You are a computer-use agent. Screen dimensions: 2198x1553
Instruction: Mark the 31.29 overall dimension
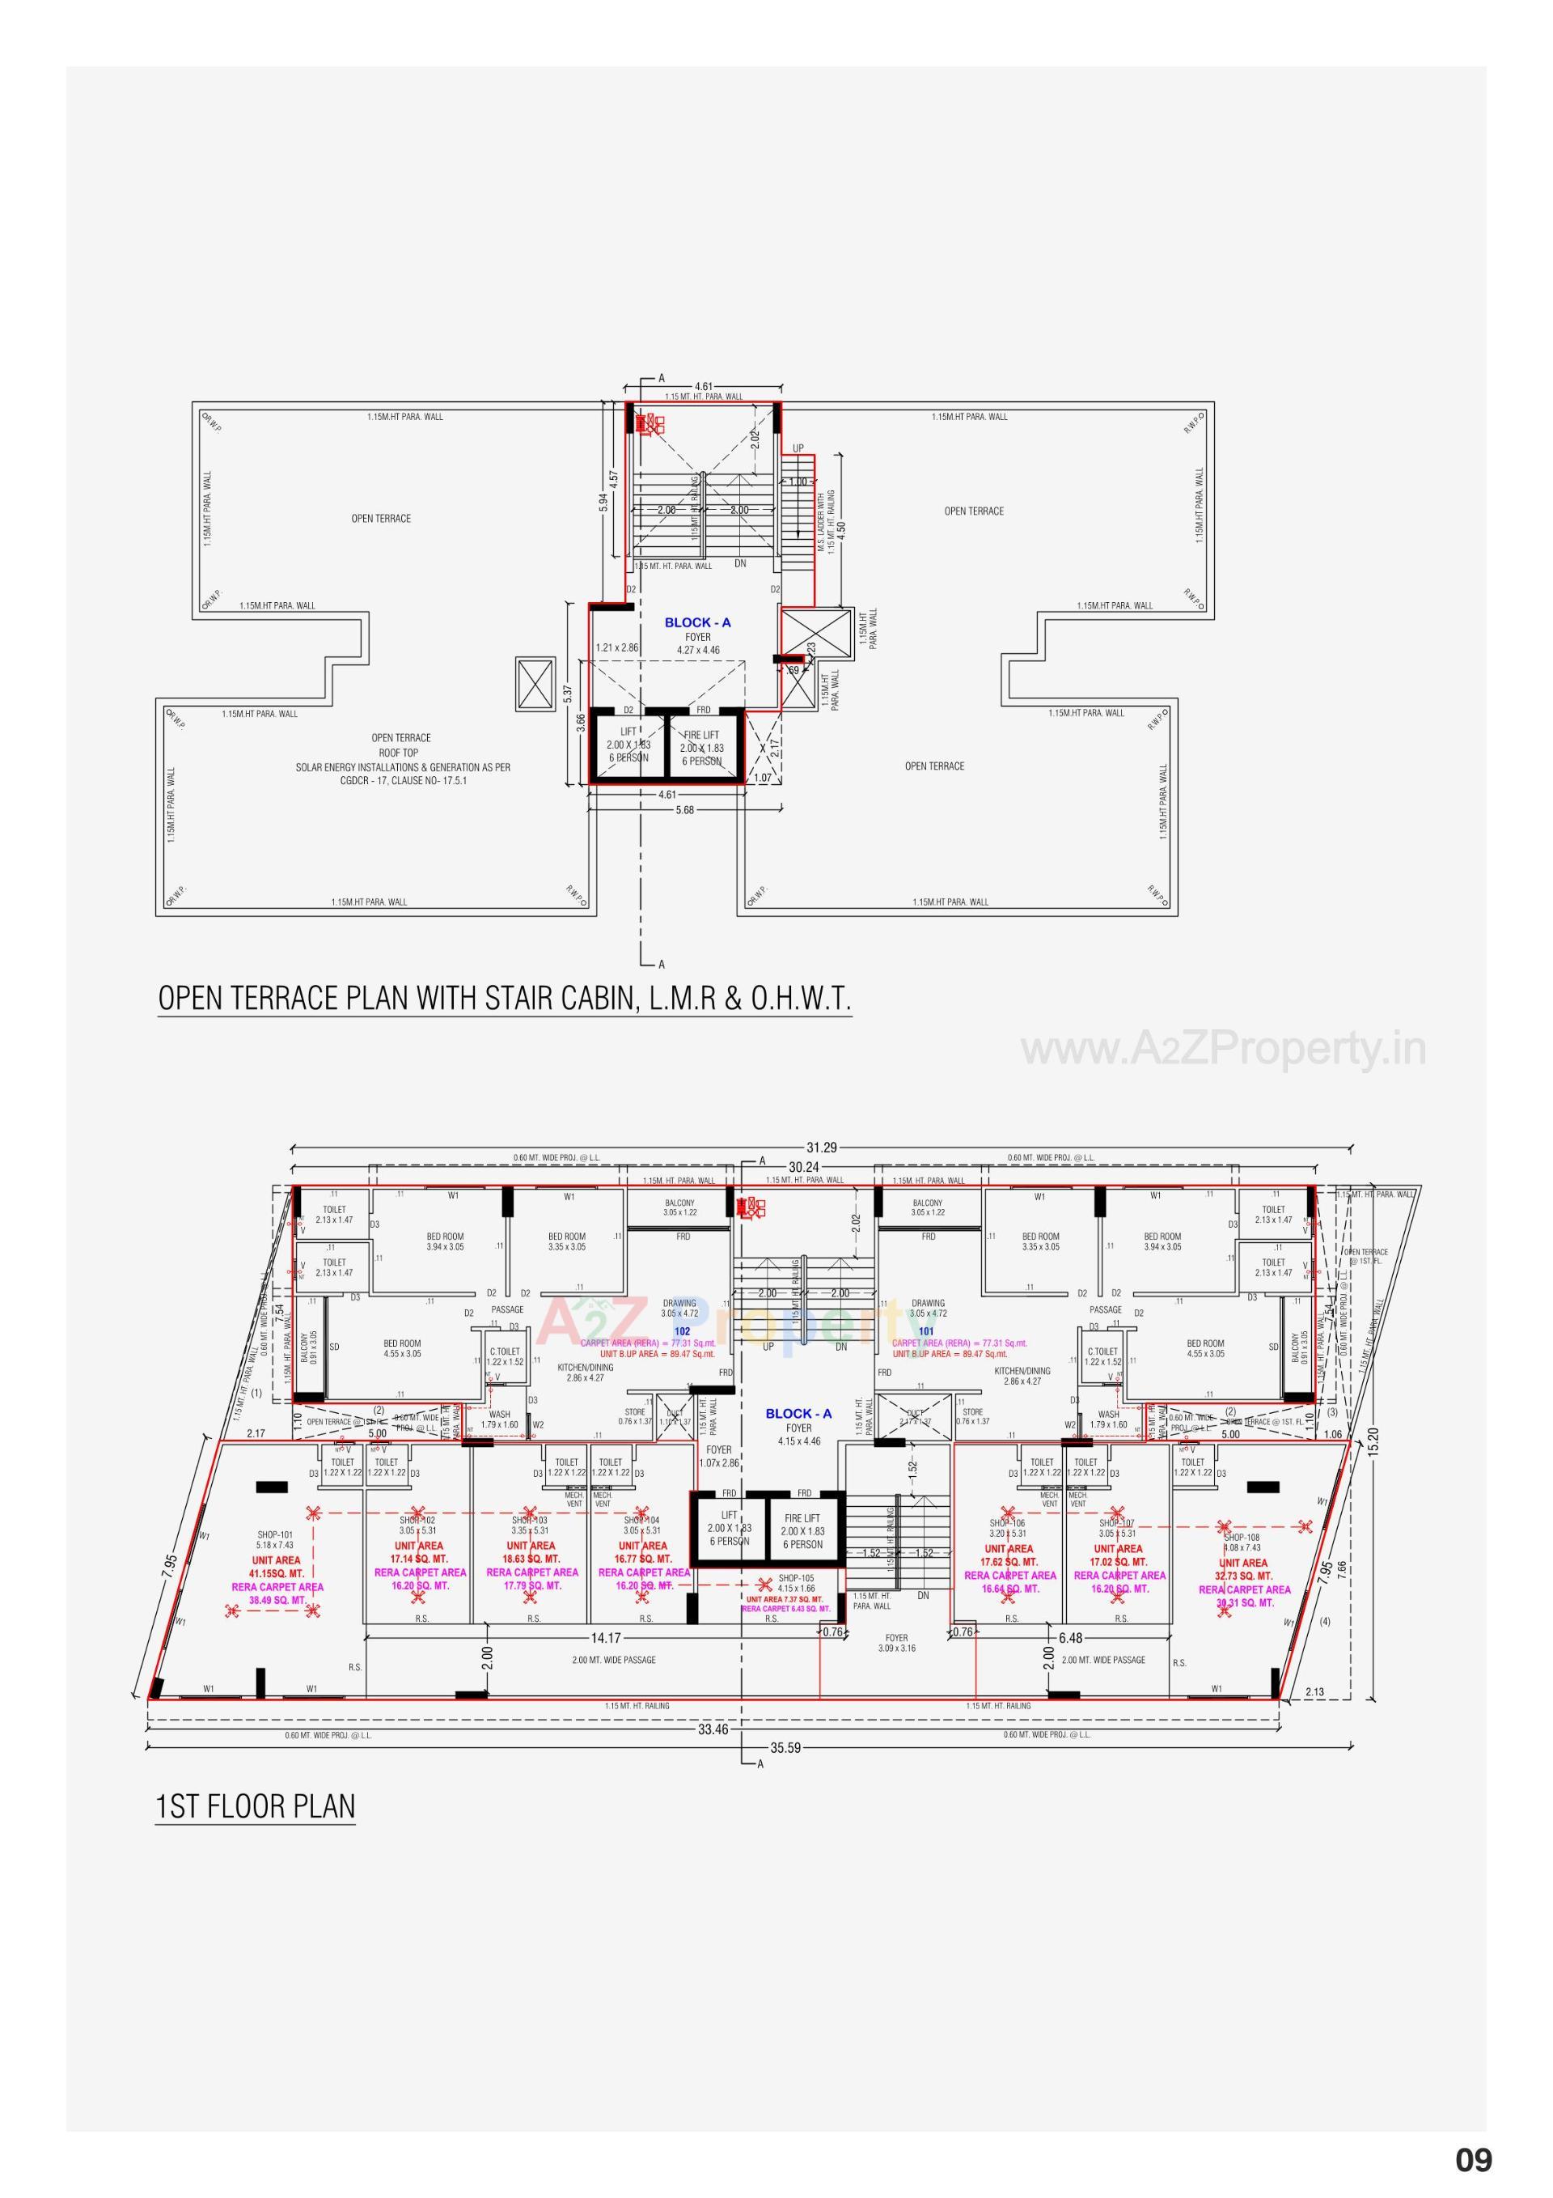coord(821,1147)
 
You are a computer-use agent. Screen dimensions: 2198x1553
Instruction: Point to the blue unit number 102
coord(682,1331)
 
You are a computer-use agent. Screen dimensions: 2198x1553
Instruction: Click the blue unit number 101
coord(925,1331)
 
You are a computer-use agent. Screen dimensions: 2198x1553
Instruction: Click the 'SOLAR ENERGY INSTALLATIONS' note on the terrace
coord(403,767)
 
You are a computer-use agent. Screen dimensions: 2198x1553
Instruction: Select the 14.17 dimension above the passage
coord(606,1637)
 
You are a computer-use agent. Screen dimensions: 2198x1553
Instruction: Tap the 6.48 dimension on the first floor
coord(1071,1638)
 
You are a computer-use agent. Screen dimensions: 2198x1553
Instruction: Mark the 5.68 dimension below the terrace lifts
coord(684,810)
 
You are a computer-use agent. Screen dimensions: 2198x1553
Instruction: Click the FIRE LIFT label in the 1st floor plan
coord(802,1517)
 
